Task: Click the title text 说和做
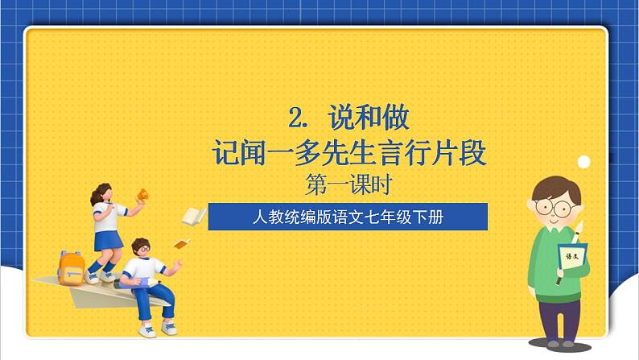coord(369,119)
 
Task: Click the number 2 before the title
coord(298,120)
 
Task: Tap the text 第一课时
coord(348,185)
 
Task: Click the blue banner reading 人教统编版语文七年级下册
coord(348,217)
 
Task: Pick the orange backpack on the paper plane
coord(72,267)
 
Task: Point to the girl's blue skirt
coord(106,239)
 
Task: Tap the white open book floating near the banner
coord(193,216)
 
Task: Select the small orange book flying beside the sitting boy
coord(182,244)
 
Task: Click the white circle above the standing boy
coord(584,163)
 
